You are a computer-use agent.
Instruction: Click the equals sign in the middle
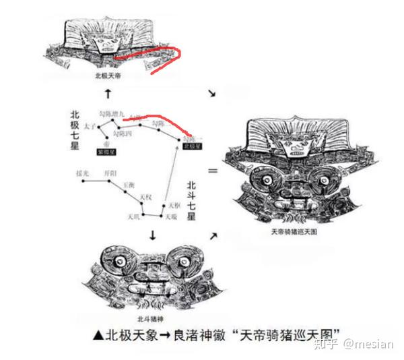click(x=213, y=171)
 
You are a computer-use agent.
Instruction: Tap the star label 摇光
click(x=83, y=173)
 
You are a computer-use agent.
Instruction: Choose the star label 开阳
click(x=109, y=173)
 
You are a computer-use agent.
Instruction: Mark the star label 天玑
click(x=133, y=216)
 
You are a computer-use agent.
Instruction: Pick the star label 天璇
click(x=170, y=216)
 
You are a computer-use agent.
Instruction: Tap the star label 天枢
click(x=174, y=204)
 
